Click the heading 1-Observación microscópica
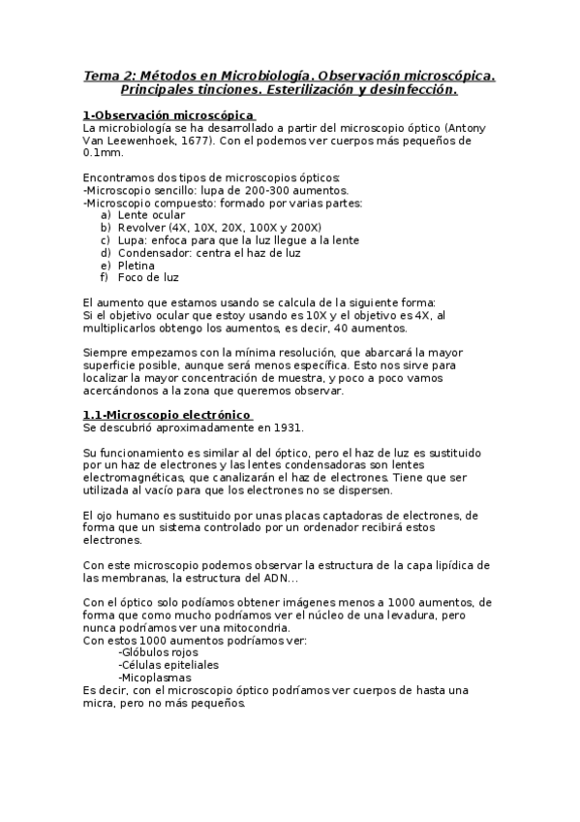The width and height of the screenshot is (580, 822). click(168, 115)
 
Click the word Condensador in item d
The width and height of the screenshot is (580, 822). click(154, 252)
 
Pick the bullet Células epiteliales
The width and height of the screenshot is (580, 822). click(168, 665)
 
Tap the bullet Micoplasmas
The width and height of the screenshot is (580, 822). click(154, 678)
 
